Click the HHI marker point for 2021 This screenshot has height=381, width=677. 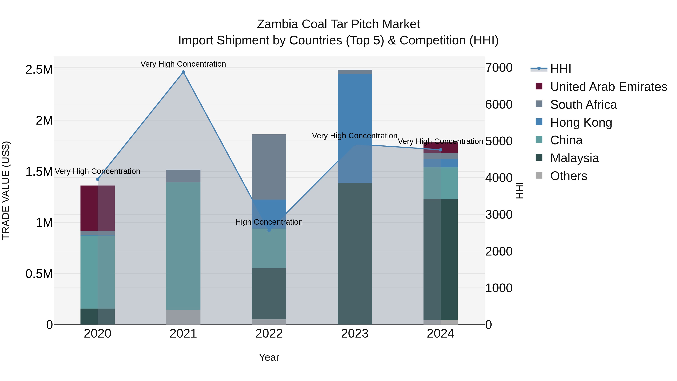point(183,72)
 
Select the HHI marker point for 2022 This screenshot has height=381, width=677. point(269,230)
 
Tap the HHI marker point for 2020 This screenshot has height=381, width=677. point(97,179)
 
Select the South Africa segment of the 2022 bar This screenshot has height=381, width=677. point(269,167)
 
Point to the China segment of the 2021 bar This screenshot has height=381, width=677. point(183,246)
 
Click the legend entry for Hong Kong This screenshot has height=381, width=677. point(581,122)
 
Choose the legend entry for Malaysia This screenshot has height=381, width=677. point(574,158)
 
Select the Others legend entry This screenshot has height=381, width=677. point(568,176)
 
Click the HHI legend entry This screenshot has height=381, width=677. point(560,69)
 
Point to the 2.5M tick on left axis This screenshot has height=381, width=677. point(39,70)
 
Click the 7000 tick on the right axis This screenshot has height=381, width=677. point(499,68)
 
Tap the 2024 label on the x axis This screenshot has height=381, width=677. point(440,334)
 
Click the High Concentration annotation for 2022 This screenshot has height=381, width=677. point(269,222)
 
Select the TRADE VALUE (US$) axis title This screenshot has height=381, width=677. point(6,191)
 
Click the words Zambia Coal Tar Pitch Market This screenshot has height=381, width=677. point(338,24)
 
